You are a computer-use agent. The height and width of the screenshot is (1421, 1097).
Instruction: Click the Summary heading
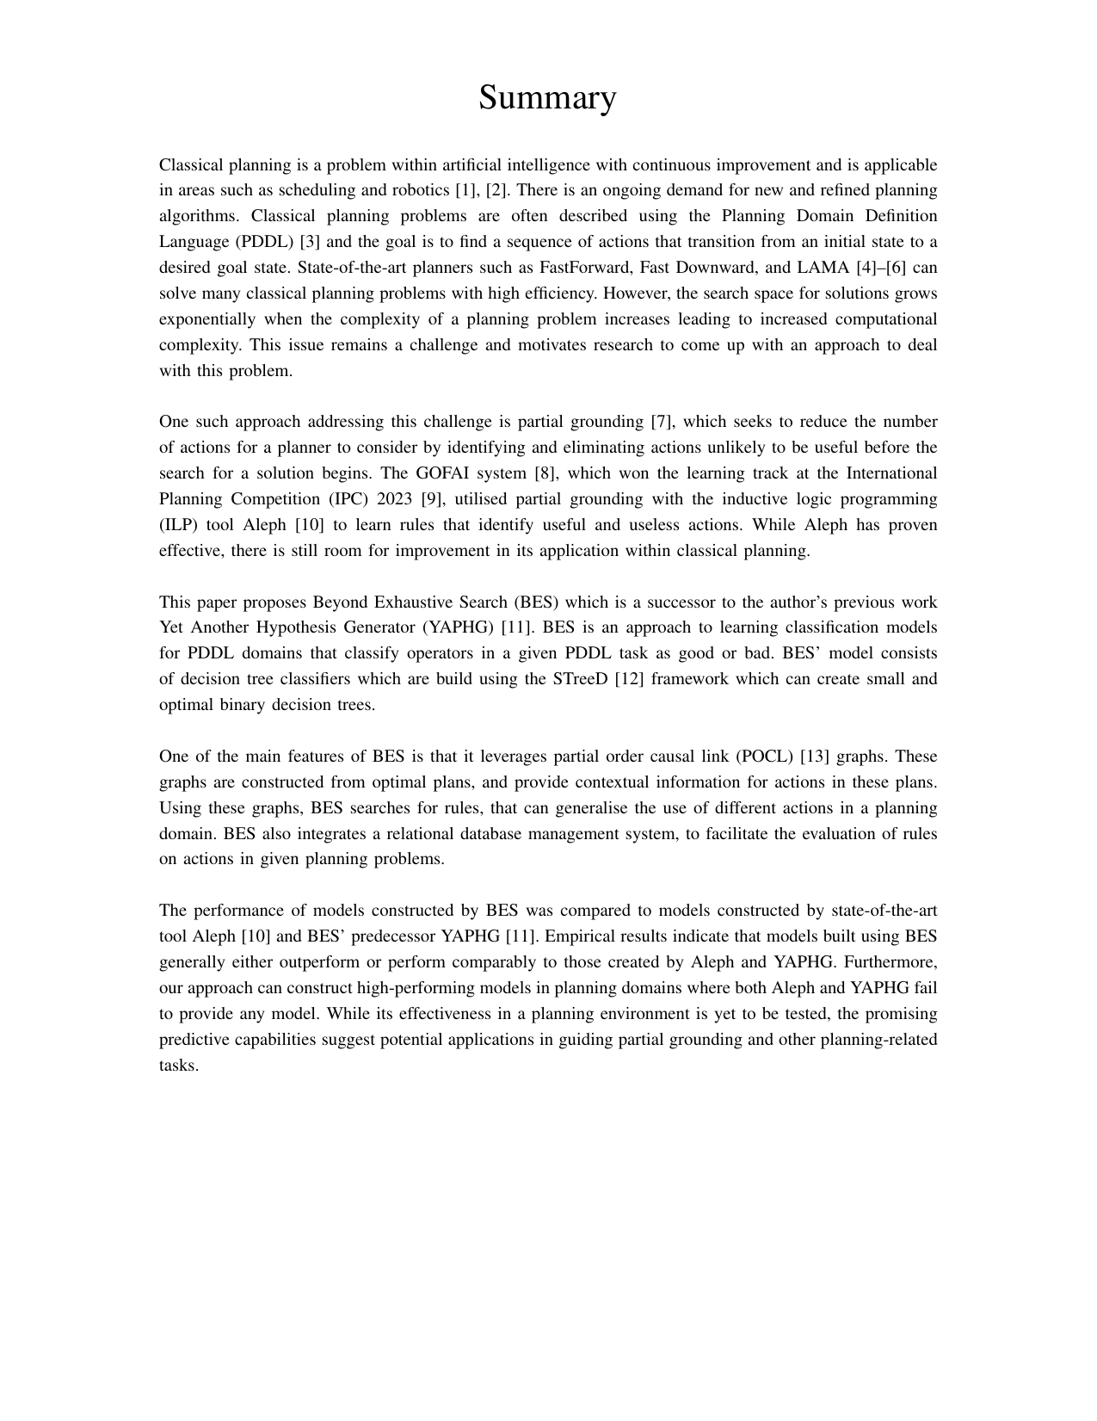[547, 97]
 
